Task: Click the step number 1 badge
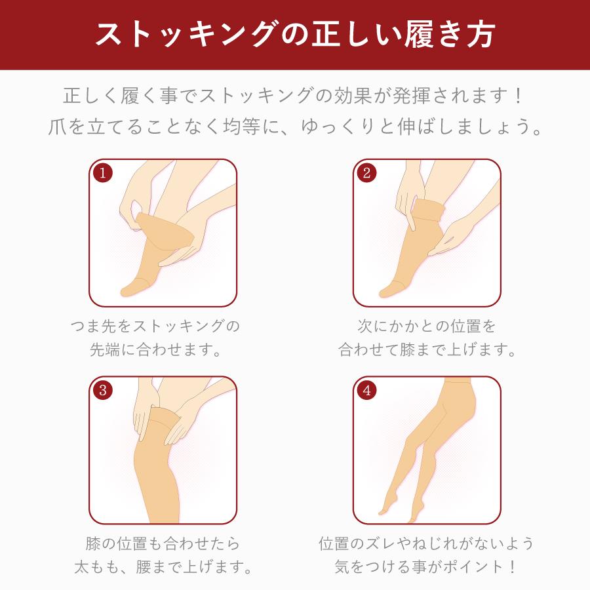103,173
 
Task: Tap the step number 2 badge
367,173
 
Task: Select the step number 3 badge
103,391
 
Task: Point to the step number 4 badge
367,391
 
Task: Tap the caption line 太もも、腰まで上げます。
163,566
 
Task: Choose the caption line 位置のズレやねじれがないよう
427,543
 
